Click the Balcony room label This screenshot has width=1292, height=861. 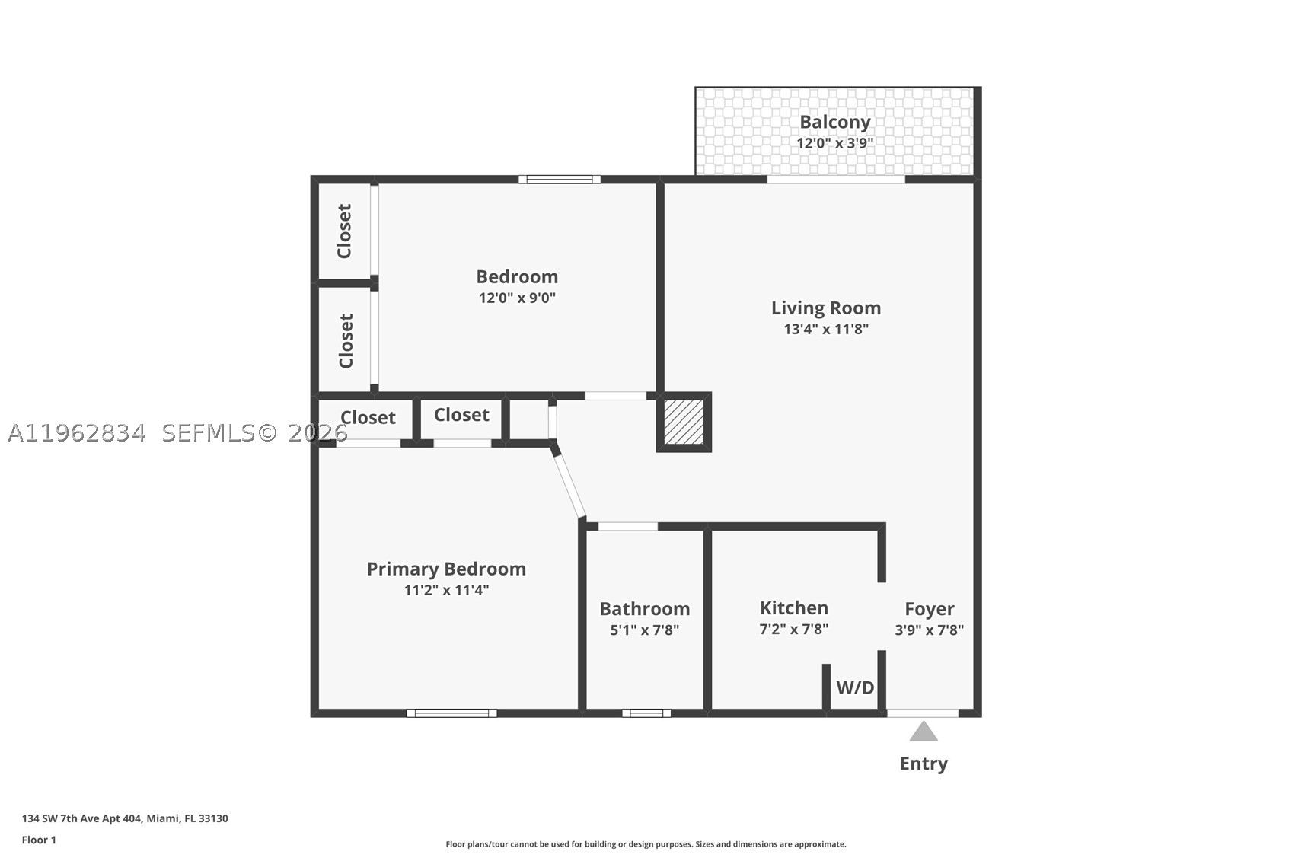point(834,123)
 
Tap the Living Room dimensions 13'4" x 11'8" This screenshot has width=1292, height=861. point(826,330)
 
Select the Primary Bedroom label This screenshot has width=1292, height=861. point(446,569)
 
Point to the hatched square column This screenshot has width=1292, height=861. point(684,423)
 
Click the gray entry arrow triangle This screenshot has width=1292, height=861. point(924,732)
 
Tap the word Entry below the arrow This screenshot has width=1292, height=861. point(924,764)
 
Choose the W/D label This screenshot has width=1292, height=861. point(856,687)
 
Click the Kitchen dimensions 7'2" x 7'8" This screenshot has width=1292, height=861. point(794,629)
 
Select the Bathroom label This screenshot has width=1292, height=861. point(645,609)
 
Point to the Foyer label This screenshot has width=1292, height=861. point(929,609)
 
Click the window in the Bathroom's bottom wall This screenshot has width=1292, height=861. point(646,713)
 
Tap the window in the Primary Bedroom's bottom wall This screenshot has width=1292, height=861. point(451,713)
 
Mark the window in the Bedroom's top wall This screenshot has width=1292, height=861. point(560,180)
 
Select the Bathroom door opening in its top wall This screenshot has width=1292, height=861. point(628,527)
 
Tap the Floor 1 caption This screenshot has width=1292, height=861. point(40,840)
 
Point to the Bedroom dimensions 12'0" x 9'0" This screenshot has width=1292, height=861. point(518,298)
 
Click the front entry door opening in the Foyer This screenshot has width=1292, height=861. point(923,713)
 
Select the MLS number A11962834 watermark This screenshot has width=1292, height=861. point(77,433)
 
